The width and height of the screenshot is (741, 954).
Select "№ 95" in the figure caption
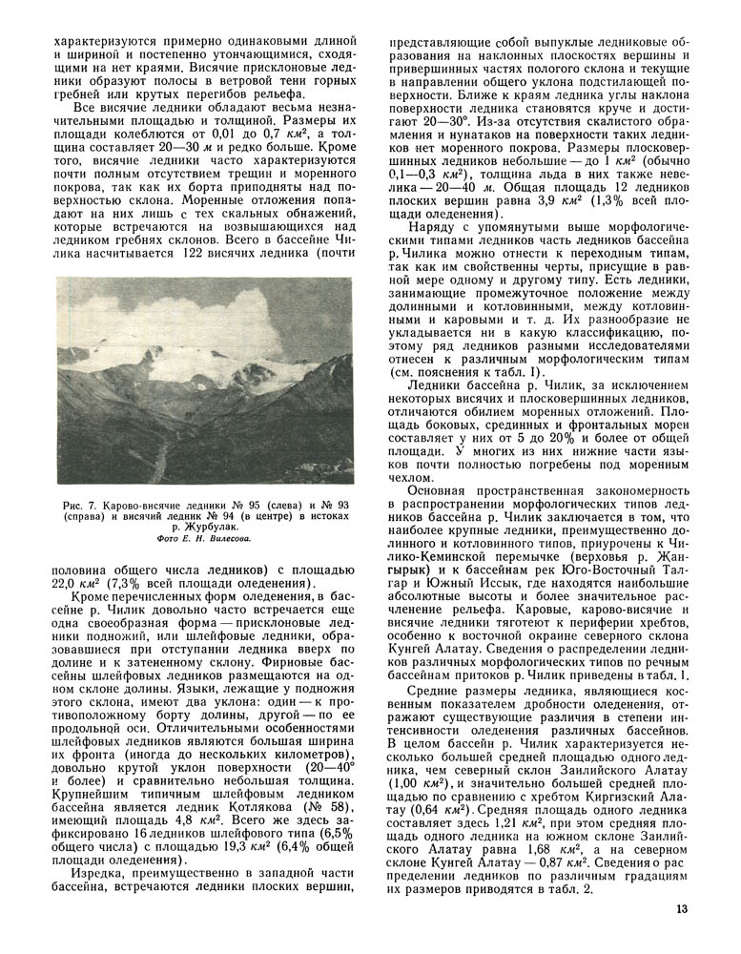pos(252,502)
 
